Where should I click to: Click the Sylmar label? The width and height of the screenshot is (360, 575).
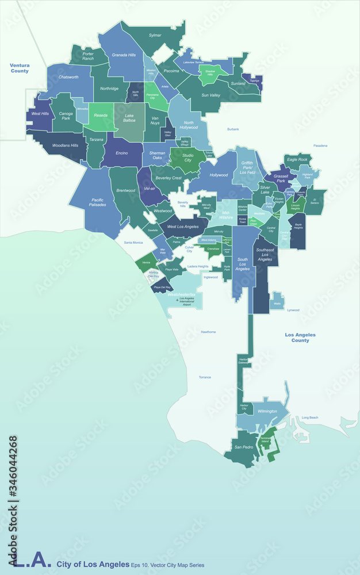155,35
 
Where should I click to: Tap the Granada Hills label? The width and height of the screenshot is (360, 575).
124,55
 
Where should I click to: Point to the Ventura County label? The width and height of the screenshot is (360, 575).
20,68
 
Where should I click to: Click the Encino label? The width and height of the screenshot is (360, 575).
121,154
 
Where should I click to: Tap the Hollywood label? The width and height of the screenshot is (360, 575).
219,175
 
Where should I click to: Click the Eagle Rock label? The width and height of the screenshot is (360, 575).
297,159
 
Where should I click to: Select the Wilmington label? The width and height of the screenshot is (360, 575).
267,411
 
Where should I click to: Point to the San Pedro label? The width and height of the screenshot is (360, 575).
243,447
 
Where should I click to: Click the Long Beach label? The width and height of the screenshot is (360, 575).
309,417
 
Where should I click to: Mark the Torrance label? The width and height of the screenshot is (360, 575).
205,377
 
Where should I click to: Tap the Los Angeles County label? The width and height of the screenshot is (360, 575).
300,338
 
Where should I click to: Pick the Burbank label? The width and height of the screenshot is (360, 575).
233,129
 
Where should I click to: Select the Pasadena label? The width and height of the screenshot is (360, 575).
320,145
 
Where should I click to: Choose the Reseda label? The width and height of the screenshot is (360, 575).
101,115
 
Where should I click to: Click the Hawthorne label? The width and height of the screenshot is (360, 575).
208,332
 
